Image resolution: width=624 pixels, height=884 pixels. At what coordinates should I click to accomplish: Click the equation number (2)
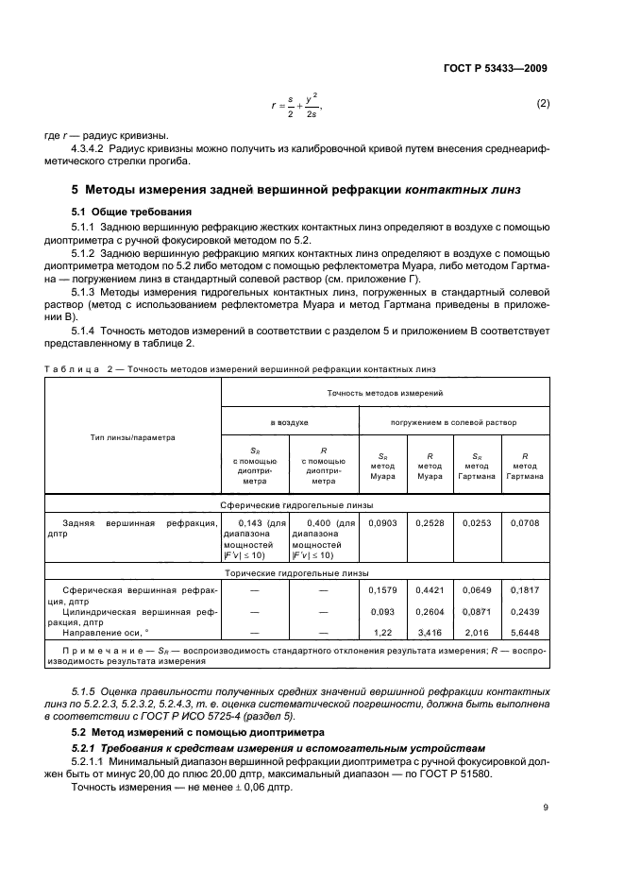pos(543,103)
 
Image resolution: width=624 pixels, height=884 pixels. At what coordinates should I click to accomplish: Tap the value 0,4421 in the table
pos(430,592)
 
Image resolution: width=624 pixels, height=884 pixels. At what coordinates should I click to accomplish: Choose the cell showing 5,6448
pos(525,634)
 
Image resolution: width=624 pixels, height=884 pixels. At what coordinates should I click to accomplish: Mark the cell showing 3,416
pos(430,634)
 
